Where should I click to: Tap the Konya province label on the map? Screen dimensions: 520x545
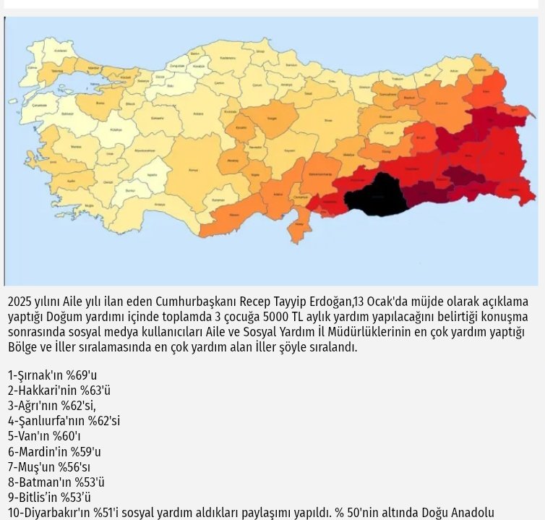pyautogui.click(x=192, y=171)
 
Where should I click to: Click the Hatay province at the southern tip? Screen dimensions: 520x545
pyautogui.click(x=297, y=230)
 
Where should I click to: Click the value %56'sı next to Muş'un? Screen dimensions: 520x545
pyautogui.click(x=74, y=466)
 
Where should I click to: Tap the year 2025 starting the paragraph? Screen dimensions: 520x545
pyautogui.click(x=20, y=302)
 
